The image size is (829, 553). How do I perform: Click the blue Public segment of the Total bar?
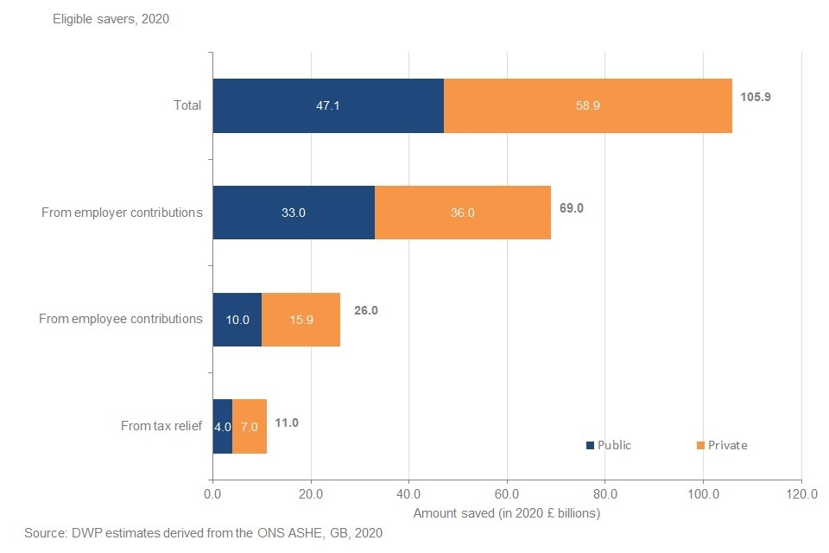point(328,105)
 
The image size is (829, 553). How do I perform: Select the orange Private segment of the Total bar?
point(588,105)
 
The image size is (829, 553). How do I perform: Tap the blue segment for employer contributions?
point(294,213)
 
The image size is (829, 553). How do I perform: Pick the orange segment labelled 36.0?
point(463,213)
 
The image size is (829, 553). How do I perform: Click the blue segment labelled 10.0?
point(237,320)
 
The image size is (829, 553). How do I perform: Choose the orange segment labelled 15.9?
point(301,320)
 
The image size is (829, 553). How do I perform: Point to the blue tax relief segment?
point(223,426)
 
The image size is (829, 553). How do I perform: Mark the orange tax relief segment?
point(250,426)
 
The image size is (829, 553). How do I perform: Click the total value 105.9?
point(755,97)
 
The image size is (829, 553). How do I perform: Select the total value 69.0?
point(571,208)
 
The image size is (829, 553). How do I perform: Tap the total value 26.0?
point(365,310)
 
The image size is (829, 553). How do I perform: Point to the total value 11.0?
point(287,423)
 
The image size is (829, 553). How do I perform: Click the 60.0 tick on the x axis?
point(507,495)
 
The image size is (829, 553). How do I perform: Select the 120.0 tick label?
point(801,495)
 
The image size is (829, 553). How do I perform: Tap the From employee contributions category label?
point(121,319)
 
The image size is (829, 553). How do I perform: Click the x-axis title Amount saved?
point(506,513)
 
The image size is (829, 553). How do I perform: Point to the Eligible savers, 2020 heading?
point(111,19)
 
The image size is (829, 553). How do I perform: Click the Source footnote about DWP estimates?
point(203,533)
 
